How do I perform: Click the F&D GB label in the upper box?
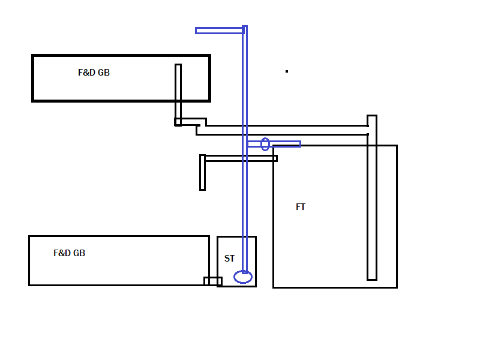(x=94, y=73)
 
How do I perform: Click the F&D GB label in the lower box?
(x=69, y=253)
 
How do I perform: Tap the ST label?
(x=229, y=259)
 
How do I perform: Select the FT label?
(x=301, y=207)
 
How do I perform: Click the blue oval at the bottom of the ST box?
(x=235, y=277)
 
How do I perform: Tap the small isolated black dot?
(x=287, y=71)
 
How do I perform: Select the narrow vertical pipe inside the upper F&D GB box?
(x=178, y=92)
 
